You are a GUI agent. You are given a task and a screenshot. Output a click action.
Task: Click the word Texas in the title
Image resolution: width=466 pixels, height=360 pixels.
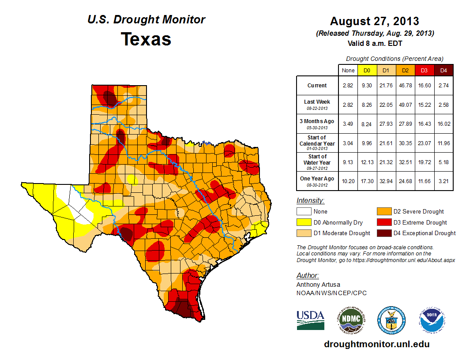pos(146,39)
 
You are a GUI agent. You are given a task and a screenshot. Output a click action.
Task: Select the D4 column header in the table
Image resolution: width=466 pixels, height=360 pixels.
pos(443,70)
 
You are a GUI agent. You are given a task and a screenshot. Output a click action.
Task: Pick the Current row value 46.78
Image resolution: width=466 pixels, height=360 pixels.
pos(405,86)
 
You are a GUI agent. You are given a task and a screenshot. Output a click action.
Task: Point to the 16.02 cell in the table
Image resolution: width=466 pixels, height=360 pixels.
pos(443,124)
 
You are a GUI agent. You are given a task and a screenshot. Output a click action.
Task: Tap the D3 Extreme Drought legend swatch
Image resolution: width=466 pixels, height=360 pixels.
pos(383,222)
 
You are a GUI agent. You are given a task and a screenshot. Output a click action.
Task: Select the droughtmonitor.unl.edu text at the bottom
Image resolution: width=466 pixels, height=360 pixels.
pos(376,344)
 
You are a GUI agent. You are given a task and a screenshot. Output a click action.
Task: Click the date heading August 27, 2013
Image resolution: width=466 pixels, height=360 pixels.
pos(374,21)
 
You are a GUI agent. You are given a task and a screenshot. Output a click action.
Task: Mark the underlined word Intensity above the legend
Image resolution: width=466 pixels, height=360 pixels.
pos(310,201)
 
